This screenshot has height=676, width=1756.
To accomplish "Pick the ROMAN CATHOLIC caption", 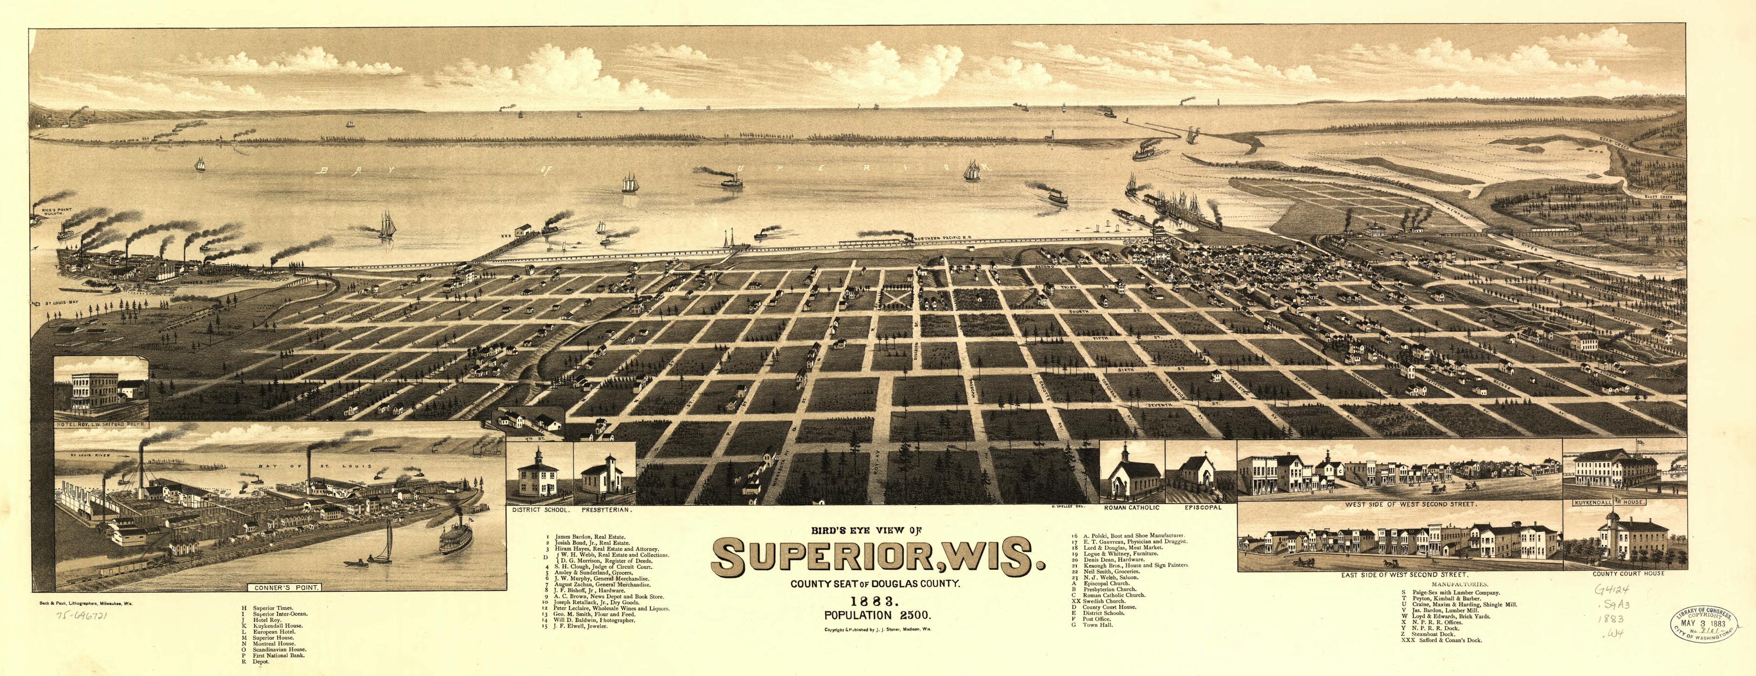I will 1130,508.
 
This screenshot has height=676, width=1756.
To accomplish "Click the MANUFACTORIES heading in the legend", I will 1454,585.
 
